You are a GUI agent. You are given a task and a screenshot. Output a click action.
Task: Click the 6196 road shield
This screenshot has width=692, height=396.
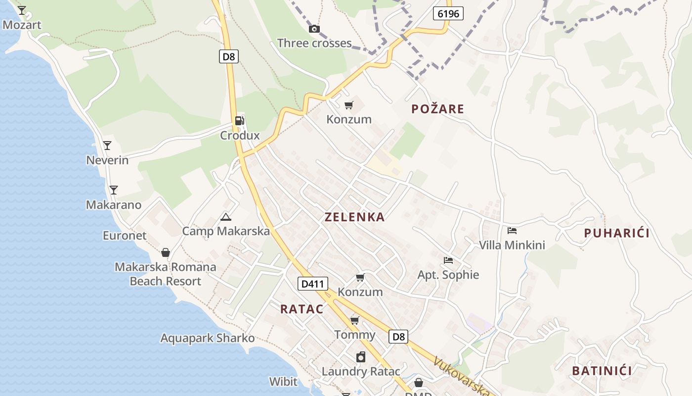pos(448,13)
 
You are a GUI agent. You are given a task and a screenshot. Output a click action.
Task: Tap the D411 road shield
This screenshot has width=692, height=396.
pos(313,284)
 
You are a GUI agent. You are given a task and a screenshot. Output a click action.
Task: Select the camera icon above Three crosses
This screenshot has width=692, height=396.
pos(314,29)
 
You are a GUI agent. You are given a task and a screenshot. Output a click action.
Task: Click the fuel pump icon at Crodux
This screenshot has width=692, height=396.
pos(239,120)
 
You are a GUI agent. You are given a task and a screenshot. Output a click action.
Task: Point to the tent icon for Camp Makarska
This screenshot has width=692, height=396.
pos(226,216)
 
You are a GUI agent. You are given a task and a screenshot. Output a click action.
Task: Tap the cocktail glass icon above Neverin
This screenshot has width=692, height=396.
pos(107,145)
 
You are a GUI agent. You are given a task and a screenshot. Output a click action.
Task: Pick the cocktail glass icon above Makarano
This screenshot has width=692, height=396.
pos(114,190)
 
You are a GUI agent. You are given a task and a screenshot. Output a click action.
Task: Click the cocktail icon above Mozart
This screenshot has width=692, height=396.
pos(22,10)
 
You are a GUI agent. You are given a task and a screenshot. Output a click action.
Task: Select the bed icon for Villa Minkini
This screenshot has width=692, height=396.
pos(512,230)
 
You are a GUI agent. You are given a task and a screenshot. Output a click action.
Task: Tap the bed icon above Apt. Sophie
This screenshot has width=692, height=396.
pos(448,260)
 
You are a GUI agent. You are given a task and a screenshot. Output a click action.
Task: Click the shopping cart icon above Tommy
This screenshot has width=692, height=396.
pos(354,320)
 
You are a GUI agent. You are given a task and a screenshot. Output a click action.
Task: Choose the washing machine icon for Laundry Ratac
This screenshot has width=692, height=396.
pos(361,357)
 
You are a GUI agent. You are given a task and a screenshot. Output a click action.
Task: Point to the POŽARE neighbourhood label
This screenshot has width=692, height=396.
pos(437,109)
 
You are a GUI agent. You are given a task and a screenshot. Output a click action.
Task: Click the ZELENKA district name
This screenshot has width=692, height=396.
pos(354,217)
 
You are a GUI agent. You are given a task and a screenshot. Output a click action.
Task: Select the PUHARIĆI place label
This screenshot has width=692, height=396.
pos(616,233)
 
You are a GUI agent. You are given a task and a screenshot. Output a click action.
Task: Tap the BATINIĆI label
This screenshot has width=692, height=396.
pos(602,371)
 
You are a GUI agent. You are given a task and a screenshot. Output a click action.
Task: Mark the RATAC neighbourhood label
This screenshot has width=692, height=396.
pos(302,309)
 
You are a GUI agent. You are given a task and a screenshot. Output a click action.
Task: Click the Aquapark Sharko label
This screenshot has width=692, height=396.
pos(208,338)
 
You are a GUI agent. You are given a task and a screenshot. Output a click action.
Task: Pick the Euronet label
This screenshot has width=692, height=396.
pos(125,236)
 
